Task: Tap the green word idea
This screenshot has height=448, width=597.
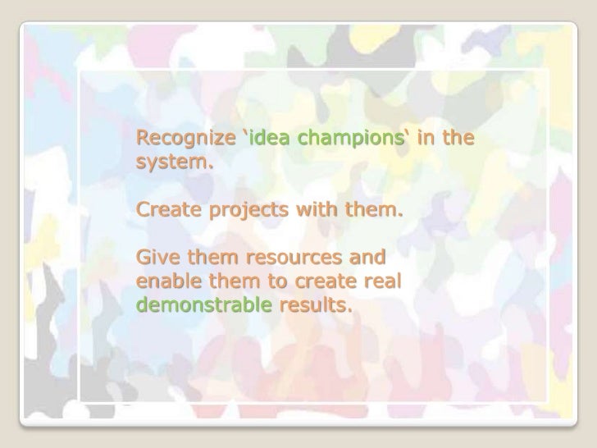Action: (272, 135)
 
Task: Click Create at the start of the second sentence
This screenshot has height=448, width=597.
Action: (164, 214)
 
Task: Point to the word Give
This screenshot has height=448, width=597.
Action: (157, 262)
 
